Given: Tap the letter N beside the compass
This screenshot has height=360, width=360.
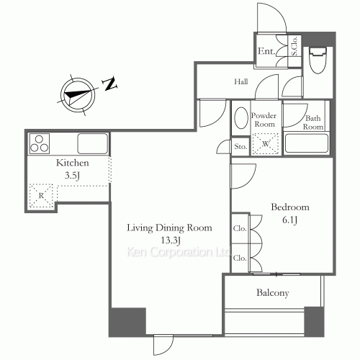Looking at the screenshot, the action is [110, 84].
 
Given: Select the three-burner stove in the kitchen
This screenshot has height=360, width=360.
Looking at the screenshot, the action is [40, 144].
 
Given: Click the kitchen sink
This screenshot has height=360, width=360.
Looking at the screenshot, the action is [92, 143].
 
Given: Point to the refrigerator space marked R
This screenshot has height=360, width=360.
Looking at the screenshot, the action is [41, 196].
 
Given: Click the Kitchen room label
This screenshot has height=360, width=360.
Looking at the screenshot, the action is [73, 163].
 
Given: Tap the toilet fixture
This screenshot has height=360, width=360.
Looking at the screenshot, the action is [318, 60].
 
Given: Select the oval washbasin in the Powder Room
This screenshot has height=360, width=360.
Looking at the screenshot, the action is [241, 118].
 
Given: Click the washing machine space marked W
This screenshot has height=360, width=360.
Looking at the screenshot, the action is [266, 143].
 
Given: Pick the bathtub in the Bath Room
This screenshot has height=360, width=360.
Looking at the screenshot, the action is [307, 143].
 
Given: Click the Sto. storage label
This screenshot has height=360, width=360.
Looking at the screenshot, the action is [240, 146].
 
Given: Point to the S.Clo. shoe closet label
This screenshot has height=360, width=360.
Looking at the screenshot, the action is [294, 46].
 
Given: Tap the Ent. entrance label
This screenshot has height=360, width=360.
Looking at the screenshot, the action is [266, 51].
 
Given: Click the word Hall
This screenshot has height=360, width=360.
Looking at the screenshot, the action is [241, 81].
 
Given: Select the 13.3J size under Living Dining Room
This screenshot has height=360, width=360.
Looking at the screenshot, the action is [170, 240].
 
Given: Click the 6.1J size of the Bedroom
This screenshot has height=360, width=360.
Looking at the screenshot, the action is [290, 220].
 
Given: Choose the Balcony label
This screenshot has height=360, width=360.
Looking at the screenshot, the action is [273, 293].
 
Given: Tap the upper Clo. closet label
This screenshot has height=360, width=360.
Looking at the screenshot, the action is [240, 228].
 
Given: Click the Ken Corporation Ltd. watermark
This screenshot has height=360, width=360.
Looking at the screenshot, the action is [179, 252].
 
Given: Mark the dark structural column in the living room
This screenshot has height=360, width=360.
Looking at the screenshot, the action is [127, 321].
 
